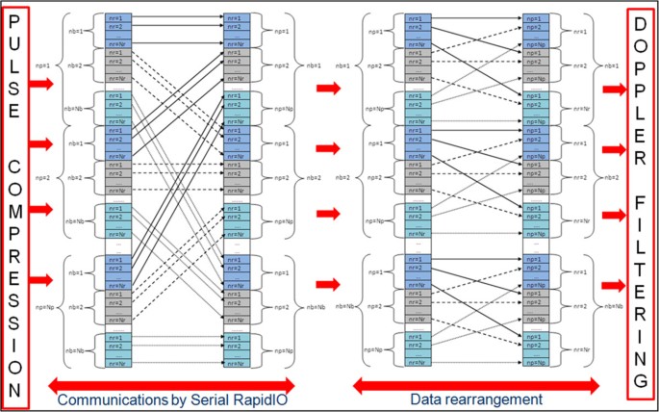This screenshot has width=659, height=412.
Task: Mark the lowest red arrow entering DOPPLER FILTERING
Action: (x=615, y=285)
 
